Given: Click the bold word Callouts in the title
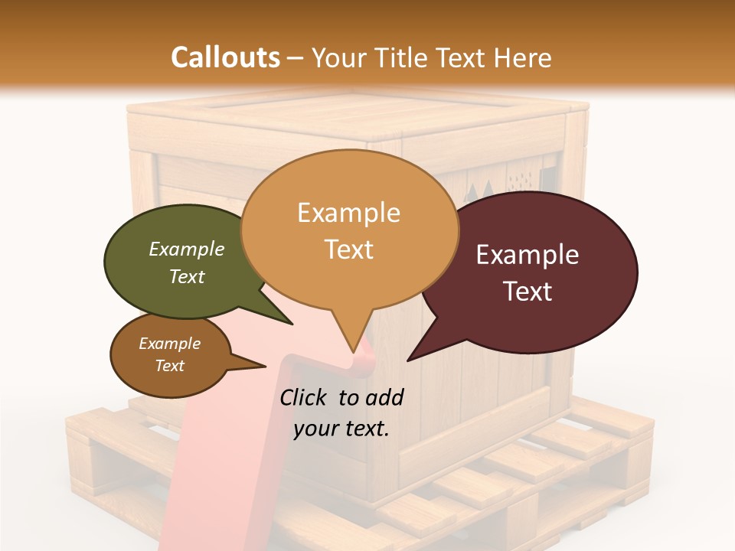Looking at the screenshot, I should pos(225,57).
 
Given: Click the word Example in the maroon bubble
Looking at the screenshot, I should pos(528,255).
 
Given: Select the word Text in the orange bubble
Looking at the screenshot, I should pos(349,249).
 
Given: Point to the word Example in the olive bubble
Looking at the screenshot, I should pos(187,249).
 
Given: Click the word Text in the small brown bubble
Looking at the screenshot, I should pos(170,366).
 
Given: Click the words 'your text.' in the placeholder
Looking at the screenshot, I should pos(341,429).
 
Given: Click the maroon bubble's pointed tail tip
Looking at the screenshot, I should pos(408,360).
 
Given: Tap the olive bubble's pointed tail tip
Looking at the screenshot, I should pos(292,324).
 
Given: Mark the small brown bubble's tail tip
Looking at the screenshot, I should pos(265,367).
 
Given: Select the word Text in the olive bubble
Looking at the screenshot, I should pos(187,276).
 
